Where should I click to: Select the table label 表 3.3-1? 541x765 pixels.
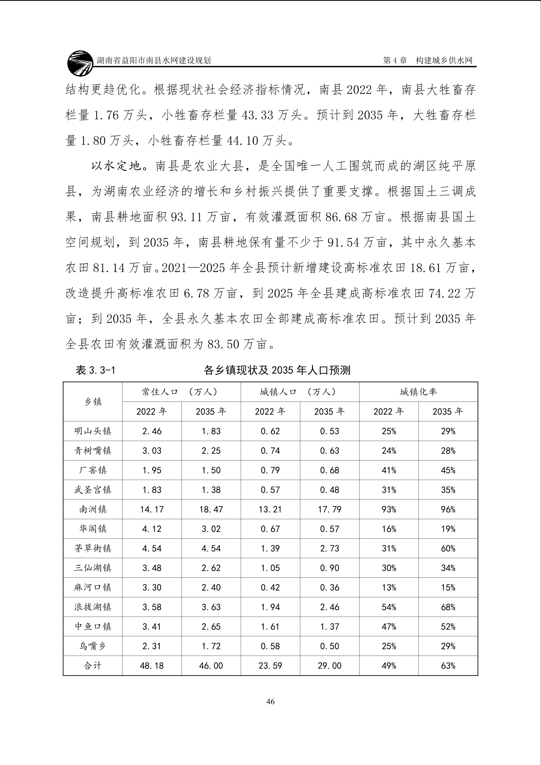pyautogui.click(x=95, y=371)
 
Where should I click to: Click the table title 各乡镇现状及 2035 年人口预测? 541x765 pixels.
pyautogui.click(x=277, y=371)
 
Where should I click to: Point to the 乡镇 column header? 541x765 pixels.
pyautogui.click(x=93, y=401)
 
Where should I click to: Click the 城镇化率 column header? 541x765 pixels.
pyautogui.click(x=418, y=392)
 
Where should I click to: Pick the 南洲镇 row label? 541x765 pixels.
pyautogui.click(x=93, y=509)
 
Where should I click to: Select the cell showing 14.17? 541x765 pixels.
pyautogui.click(x=152, y=509)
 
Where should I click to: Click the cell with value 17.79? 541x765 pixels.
pyautogui.click(x=329, y=509)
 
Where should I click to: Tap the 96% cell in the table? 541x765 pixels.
pyautogui.click(x=448, y=509)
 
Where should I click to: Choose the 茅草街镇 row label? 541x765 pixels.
pyautogui.click(x=93, y=548)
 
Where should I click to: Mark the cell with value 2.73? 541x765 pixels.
pyautogui.click(x=329, y=548)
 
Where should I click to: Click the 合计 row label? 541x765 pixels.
pyautogui.click(x=93, y=666)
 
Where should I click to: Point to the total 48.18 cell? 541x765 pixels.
pyautogui.click(x=152, y=666)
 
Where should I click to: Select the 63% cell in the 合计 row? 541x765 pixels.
pyautogui.click(x=448, y=666)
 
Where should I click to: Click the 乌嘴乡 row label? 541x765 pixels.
pyautogui.click(x=93, y=646)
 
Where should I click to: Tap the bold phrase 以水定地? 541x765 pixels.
pyautogui.click(x=116, y=166)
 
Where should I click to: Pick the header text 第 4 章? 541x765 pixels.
pyautogui.click(x=395, y=61)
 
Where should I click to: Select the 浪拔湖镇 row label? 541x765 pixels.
pyautogui.click(x=93, y=607)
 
